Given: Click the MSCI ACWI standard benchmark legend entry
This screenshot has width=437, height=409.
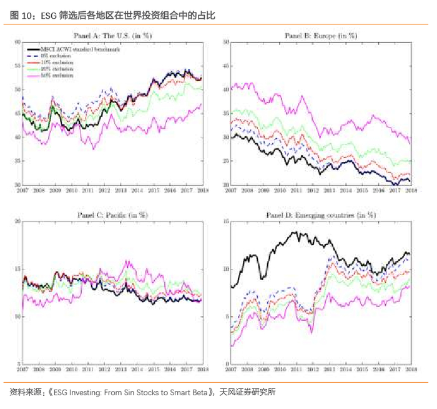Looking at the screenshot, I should click(x=75, y=48).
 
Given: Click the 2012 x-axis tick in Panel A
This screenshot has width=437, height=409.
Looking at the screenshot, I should click(x=104, y=189).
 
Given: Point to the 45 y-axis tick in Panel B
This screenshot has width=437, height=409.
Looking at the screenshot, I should click(x=226, y=66).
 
